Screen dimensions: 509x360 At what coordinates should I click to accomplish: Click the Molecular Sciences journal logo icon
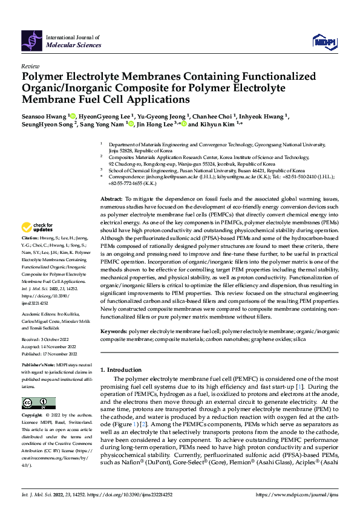tap(32, 40)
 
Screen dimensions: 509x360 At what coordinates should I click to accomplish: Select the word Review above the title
tap(30, 66)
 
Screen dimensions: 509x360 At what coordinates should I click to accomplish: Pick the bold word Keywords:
tap(114, 331)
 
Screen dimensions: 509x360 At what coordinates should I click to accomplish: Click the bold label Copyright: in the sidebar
tap(33, 416)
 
